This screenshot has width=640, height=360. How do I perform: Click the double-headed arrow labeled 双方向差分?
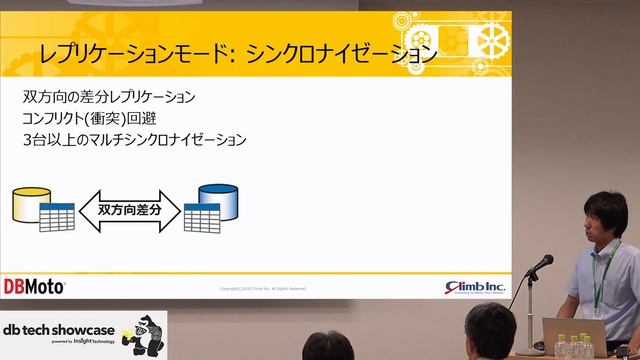tap(136, 211)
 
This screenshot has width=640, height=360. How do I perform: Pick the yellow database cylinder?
tap(27, 204)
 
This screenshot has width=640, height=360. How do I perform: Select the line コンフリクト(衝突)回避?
tap(100, 119)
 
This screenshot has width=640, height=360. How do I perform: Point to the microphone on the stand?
tap(541, 264)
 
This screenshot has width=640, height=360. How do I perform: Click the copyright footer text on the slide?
tap(262, 289)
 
